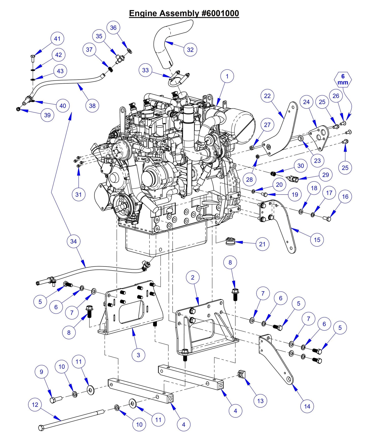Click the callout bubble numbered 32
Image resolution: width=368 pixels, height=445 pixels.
click(x=190, y=50)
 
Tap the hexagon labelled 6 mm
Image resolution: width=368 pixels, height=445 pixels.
click(x=343, y=80)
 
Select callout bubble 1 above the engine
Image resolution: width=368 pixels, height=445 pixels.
click(x=227, y=76)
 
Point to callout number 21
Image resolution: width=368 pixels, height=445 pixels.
click(x=262, y=244)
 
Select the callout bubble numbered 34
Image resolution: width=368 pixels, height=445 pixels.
click(x=73, y=241)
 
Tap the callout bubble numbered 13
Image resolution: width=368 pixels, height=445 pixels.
click(x=260, y=401)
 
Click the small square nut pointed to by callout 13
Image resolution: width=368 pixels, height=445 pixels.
click(x=241, y=374)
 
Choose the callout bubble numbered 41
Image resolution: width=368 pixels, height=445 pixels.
click(x=57, y=39)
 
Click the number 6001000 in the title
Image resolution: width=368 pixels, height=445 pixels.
click(x=220, y=13)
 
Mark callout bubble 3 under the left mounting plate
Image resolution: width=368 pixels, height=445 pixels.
click(x=138, y=355)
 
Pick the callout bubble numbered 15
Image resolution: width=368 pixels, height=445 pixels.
click(x=317, y=240)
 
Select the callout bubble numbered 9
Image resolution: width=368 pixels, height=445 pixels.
click(x=42, y=372)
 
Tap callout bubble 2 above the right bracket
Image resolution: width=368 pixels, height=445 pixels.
click(x=193, y=277)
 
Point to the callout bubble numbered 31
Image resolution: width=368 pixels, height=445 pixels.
click(x=78, y=195)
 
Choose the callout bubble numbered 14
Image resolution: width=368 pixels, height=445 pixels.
click(x=307, y=406)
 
